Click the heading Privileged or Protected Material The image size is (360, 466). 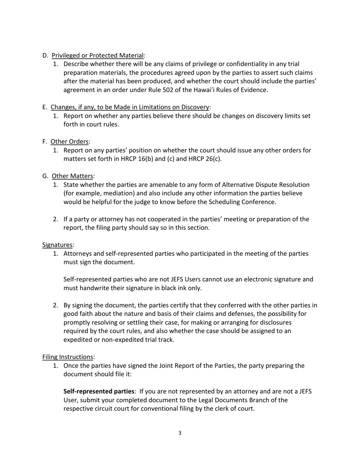[x=98, y=56]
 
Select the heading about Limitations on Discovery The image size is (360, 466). [x=130, y=107]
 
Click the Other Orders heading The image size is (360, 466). [x=70, y=142]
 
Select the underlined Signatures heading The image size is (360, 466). [x=57, y=245]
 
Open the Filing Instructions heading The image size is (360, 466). [x=67, y=357]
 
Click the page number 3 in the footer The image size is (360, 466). [x=180, y=433]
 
